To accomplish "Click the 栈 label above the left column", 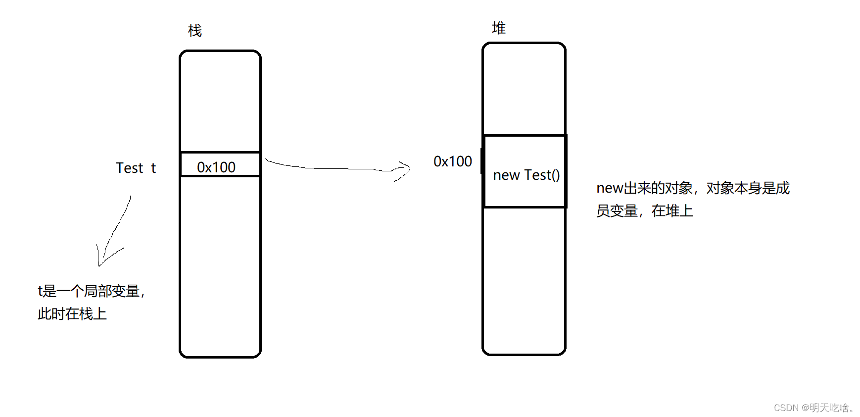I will point(195,31).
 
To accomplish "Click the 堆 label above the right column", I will point(498,28).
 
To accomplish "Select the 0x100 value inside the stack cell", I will point(216,167).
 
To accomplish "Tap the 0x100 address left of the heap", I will point(452,161).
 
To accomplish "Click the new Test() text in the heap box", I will point(526,175).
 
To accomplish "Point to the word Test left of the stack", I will point(130,168).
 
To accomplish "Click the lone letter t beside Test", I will point(153,168).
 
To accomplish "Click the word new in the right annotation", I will point(609,188).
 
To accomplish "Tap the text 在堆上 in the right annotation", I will point(672,211).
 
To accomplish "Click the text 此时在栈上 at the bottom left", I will point(72,314).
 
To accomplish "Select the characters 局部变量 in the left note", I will point(112,291).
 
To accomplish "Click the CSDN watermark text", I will point(813,408).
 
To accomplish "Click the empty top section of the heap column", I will point(524,89).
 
